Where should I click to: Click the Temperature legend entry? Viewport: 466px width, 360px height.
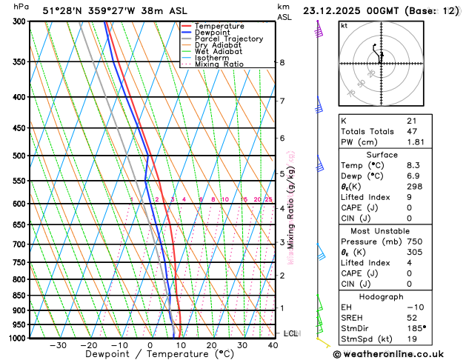(x=220, y=26)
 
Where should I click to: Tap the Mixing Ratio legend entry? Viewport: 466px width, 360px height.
(x=219, y=64)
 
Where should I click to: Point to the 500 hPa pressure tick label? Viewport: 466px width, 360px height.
(x=21, y=156)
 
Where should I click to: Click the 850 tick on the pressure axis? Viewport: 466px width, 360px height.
(x=21, y=296)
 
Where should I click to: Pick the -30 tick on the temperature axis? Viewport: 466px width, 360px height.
(x=58, y=345)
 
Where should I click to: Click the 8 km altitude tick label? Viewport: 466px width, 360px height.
(x=282, y=63)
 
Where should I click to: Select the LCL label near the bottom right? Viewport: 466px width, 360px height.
(x=290, y=333)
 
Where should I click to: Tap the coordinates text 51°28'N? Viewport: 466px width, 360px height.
(x=62, y=10)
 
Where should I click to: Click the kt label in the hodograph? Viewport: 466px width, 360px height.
(x=344, y=25)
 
